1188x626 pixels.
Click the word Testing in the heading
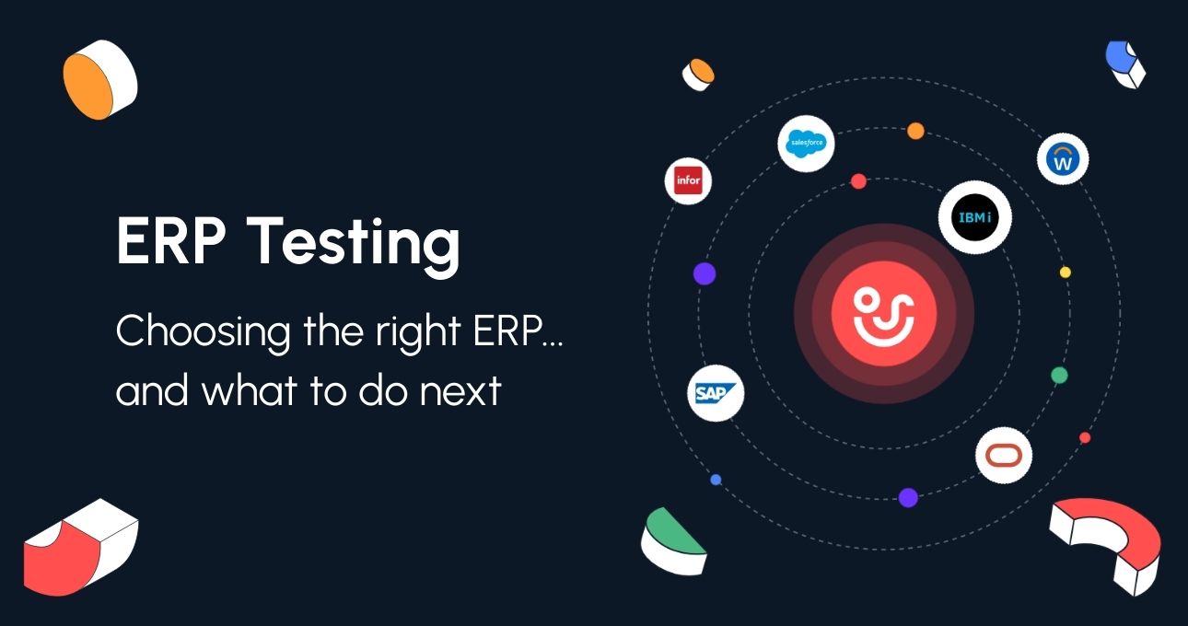pyautogui.click(x=354, y=244)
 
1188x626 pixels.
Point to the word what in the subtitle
pyautogui.click(x=250, y=389)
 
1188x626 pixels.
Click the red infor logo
pyautogui.click(x=688, y=180)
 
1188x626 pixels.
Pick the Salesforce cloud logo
pyautogui.click(x=806, y=143)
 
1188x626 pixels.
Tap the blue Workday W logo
pyautogui.click(x=1063, y=159)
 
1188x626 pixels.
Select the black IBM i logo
pyautogui.click(x=974, y=217)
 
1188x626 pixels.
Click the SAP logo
pyautogui.click(x=716, y=393)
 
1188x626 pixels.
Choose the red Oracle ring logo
pyautogui.click(x=1004, y=456)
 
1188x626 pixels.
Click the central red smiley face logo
pyautogui.click(x=883, y=314)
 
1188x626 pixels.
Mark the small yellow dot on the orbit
pyautogui.click(x=1065, y=272)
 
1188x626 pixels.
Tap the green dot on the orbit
pyautogui.click(x=1059, y=376)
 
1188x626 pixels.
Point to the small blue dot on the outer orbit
pyautogui.click(x=716, y=480)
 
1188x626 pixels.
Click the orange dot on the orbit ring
pyautogui.click(x=915, y=131)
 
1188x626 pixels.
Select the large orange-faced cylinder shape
pyautogui.click(x=99, y=79)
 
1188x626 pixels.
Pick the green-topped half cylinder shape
pyautogui.click(x=673, y=541)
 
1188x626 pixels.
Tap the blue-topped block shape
pyautogui.click(x=1124, y=64)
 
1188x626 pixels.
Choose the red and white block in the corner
pyautogui.click(x=81, y=548)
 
